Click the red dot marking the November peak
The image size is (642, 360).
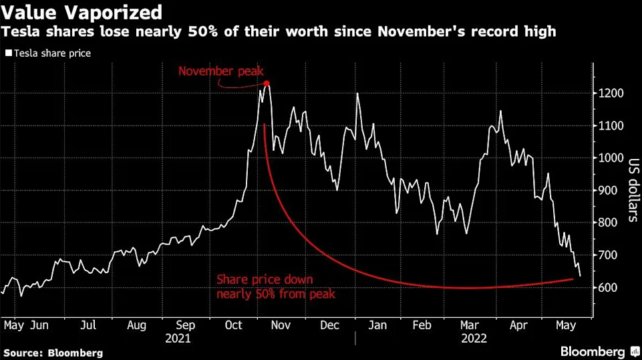coord(267,83)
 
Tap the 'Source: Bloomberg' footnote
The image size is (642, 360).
coord(53,352)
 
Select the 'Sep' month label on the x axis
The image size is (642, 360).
coord(186,325)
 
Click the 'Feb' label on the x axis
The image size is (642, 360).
coord(422,325)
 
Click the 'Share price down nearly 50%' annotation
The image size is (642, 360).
coord(275,287)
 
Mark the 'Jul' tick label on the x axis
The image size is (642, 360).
coord(88,325)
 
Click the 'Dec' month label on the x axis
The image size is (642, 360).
coord(329,325)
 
